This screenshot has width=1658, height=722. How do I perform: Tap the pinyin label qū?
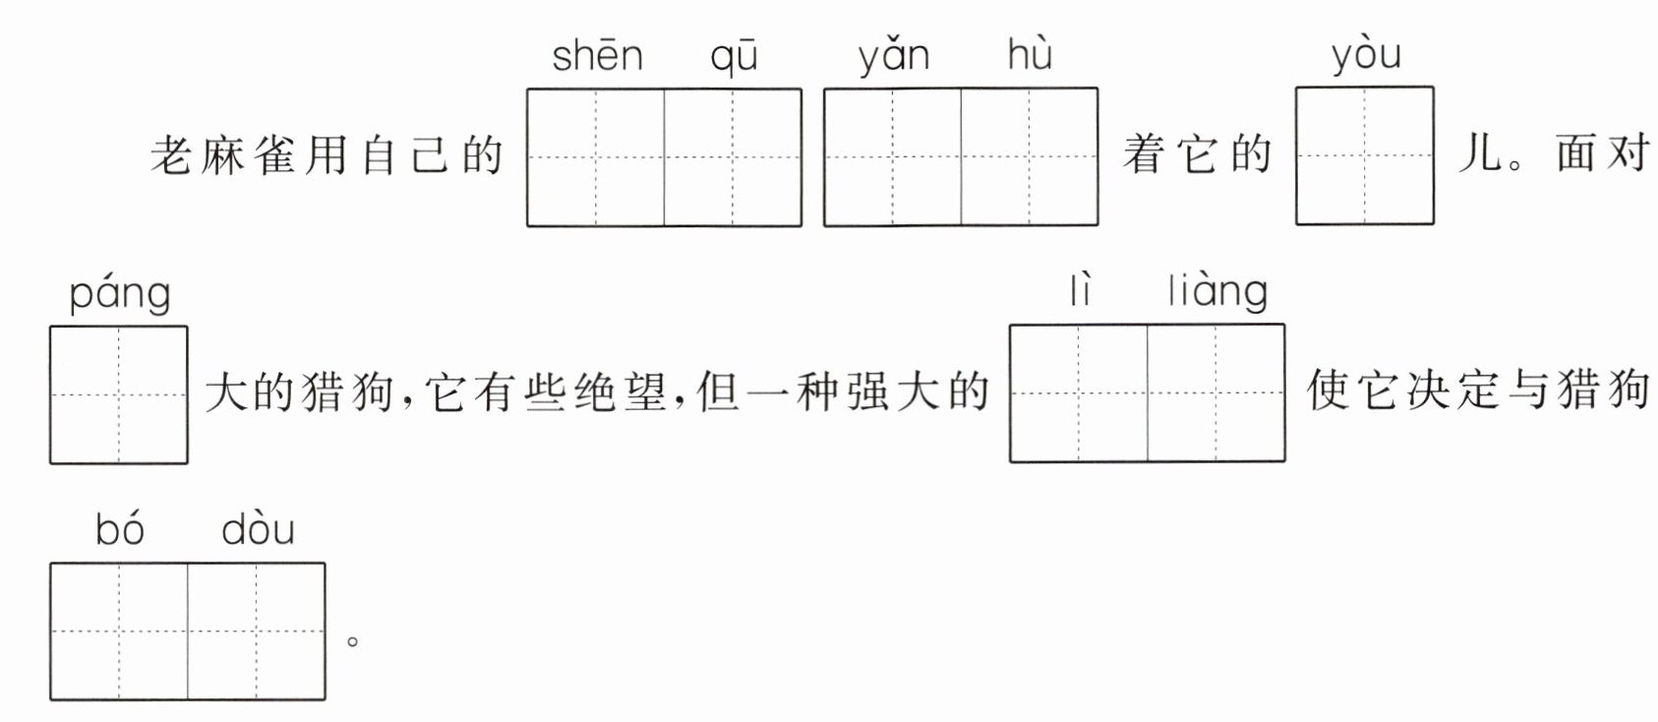coord(734,58)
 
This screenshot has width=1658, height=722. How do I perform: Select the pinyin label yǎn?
coord(893,57)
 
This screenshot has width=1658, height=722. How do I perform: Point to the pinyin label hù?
coord(1030,54)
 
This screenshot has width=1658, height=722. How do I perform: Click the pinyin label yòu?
coord(1365,55)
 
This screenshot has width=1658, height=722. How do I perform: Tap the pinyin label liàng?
coord(1217,292)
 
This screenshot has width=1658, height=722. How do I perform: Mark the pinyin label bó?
coord(120,530)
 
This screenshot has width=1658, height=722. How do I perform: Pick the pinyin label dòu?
coord(258,530)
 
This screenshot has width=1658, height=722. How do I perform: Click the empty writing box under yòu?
coord(1364,156)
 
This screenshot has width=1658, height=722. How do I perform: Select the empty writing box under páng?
coord(119,394)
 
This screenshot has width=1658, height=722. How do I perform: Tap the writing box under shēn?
coord(596,157)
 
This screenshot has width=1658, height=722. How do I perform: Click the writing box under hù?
coord(1029,157)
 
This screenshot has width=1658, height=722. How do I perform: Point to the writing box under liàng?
coord(1215,393)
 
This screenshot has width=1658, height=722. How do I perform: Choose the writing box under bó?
coord(119,632)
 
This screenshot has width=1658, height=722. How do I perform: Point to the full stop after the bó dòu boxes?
coord(352,641)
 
